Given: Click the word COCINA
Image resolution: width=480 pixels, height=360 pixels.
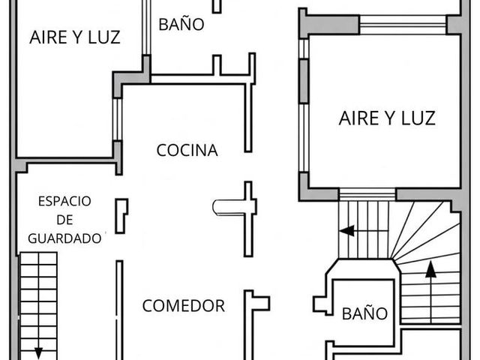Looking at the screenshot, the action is pos(187,150).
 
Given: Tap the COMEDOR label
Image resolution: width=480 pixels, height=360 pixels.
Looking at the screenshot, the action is pos(184,306).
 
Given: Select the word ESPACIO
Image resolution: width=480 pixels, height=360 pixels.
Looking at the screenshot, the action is pos(64,201).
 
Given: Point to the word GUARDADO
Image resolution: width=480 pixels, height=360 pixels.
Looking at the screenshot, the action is pos(64,238).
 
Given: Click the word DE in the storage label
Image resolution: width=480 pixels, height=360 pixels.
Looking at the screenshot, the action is pos(65,220).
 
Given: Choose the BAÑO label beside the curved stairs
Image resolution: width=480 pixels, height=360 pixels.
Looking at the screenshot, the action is pos(364,313).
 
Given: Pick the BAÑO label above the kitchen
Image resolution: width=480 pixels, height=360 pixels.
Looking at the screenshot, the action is pos(181,23).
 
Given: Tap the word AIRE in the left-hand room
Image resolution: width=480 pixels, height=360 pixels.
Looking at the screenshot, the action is pos(48,37).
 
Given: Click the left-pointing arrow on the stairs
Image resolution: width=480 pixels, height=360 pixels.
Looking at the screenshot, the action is pos(346,230).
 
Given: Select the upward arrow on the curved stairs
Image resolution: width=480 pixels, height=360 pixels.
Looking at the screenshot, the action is pos(431,291).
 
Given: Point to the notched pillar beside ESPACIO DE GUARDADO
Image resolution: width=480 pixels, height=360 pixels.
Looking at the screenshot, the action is pos(121,216).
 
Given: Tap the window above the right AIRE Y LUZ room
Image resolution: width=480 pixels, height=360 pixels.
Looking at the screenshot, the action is pos(403,25).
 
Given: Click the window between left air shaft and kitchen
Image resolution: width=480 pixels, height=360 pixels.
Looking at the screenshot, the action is pos(117,119).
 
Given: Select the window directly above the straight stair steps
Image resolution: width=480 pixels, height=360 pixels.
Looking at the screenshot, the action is pos(367,194).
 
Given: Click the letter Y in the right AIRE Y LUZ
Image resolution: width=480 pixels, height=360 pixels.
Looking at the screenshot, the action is pos(387,118).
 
